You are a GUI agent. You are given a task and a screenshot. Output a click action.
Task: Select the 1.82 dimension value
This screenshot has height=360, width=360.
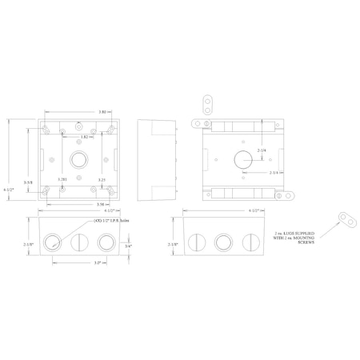tap(85, 137)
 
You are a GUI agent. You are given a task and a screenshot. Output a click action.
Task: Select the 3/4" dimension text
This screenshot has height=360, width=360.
tap(129, 246)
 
